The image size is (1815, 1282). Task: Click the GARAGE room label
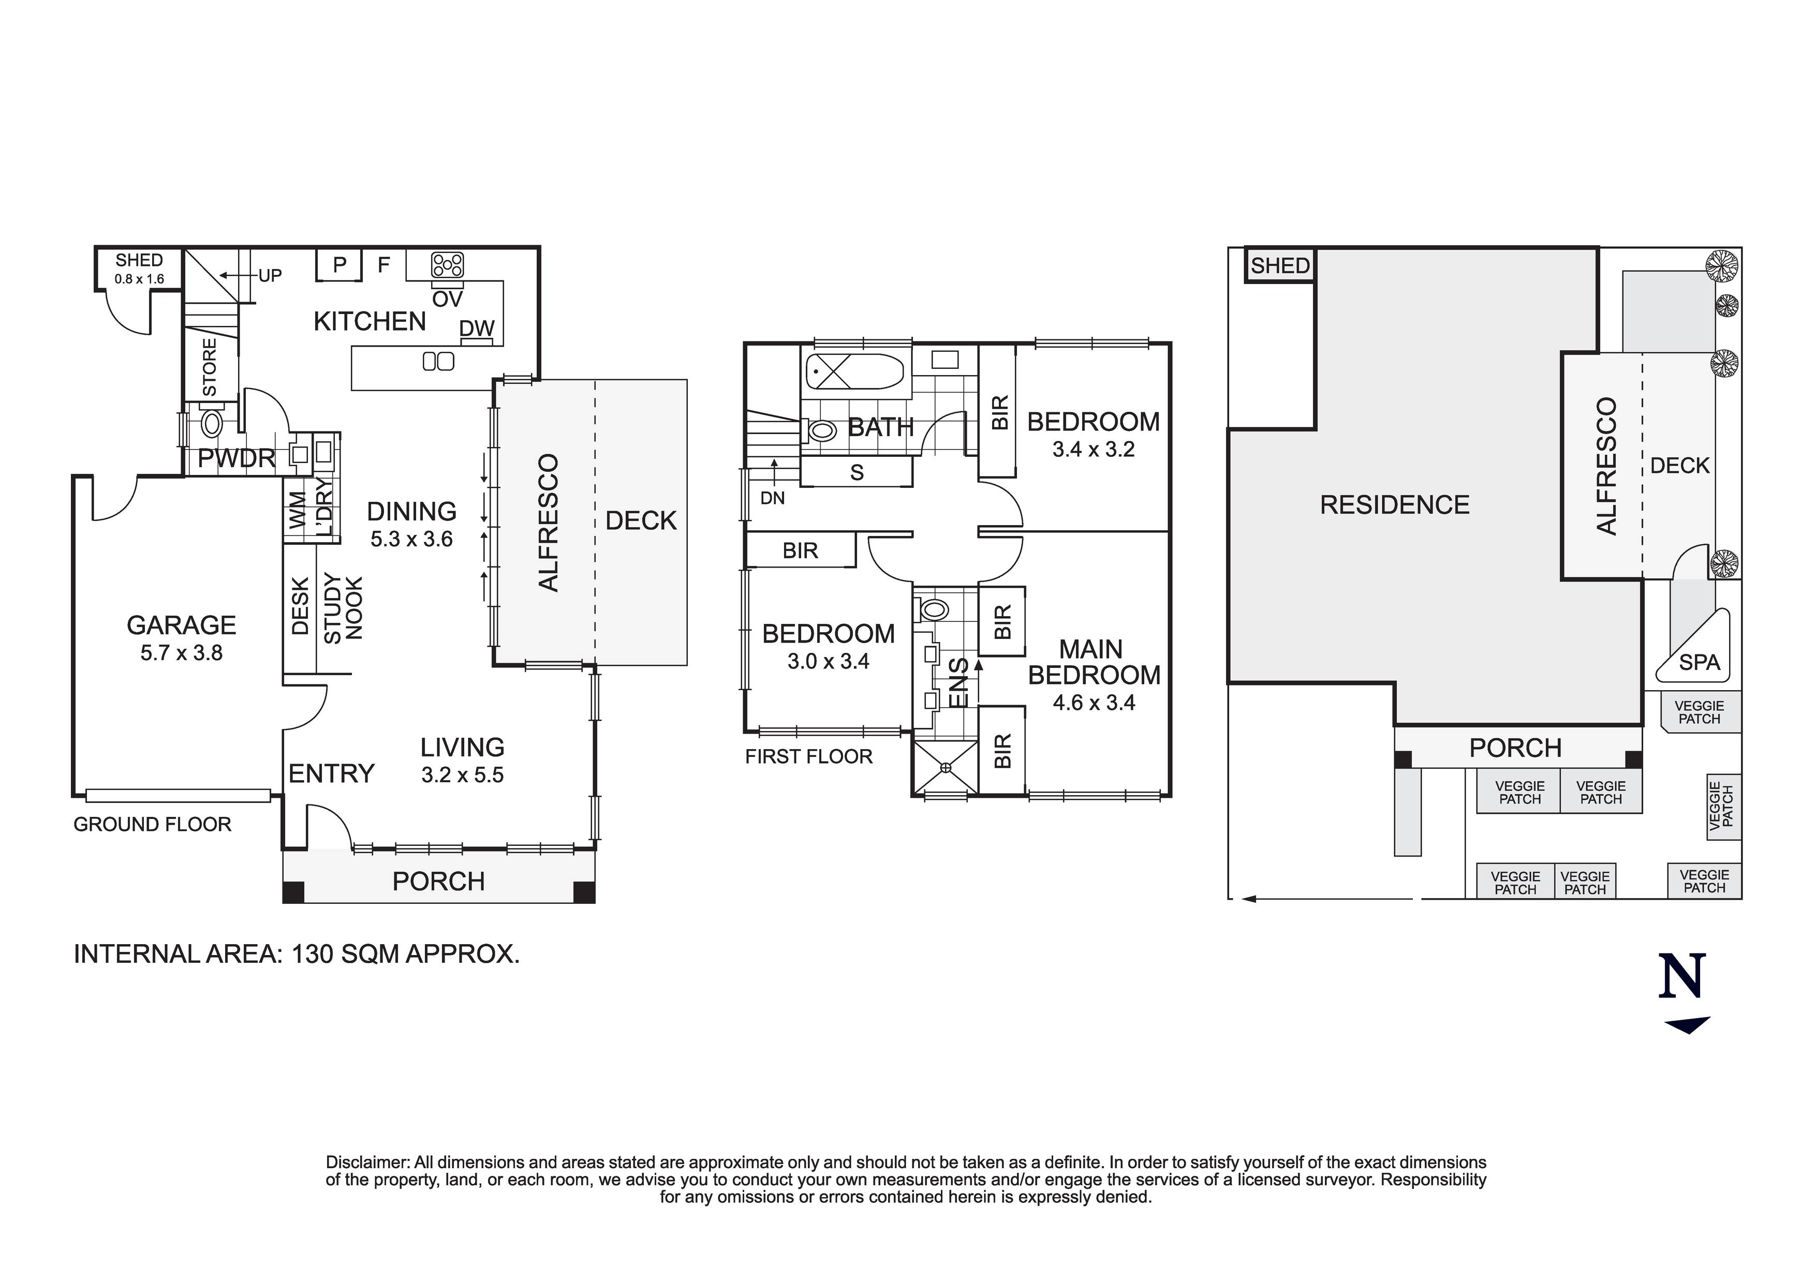[181, 625]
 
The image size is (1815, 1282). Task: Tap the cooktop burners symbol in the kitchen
[448, 265]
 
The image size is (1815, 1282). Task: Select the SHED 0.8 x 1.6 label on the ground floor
[139, 269]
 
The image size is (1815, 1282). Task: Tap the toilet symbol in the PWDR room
[212, 424]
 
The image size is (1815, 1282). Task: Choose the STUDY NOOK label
[343, 608]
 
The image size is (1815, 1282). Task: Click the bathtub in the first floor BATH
[854, 371]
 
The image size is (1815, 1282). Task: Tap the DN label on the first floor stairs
[772, 498]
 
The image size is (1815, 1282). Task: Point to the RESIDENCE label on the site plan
[1394, 505]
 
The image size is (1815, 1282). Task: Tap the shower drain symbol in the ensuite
[946, 767]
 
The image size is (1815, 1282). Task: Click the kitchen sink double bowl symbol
[439, 361]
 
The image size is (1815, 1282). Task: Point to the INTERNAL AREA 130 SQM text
[297, 954]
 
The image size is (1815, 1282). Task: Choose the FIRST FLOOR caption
[809, 756]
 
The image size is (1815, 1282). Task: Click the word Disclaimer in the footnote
[367, 1162]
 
